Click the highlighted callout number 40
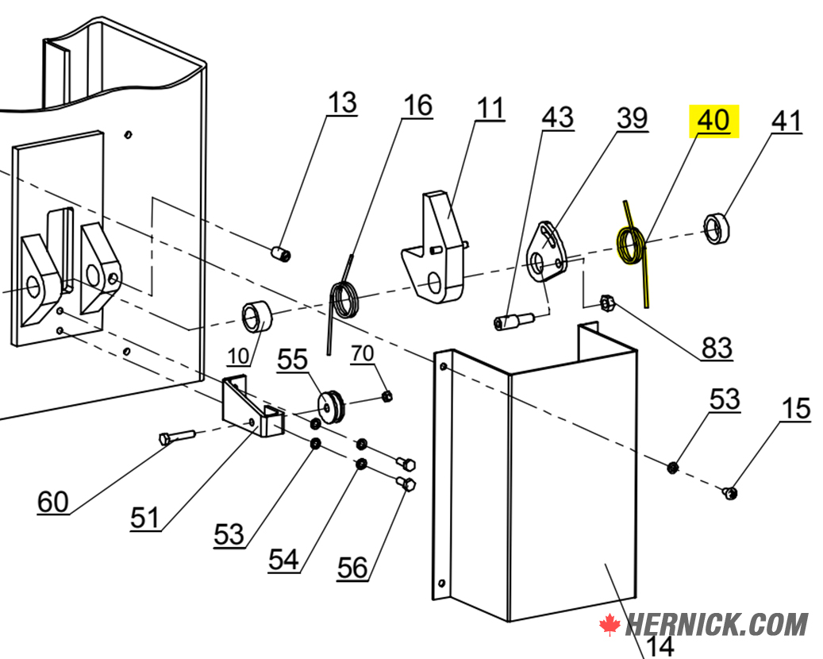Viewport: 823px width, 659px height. pos(713,121)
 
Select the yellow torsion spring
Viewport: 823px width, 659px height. pos(630,247)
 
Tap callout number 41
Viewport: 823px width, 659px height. pos(786,121)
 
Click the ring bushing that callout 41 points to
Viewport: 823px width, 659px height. pos(717,229)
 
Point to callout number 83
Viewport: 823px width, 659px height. pos(717,347)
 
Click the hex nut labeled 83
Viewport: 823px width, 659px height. pos(607,303)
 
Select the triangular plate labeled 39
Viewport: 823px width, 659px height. pos(546,252)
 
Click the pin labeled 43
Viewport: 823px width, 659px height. pos(513,321)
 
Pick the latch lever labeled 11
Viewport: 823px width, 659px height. pos(433,247)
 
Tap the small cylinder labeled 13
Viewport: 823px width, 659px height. pos(281,253)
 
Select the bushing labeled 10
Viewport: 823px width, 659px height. pos(258,316)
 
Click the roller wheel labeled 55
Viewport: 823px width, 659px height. pos(331,406)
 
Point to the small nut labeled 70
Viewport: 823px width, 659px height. pos(387,396)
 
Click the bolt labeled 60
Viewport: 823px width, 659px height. pos(176,437)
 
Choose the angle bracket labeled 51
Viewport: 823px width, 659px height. pos(252,406)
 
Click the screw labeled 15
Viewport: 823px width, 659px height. pos(729,492)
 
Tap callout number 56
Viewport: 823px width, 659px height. pos(352,568)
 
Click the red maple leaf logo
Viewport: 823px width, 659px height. pos(610,625)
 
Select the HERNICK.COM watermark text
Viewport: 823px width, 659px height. pos(717,625)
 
